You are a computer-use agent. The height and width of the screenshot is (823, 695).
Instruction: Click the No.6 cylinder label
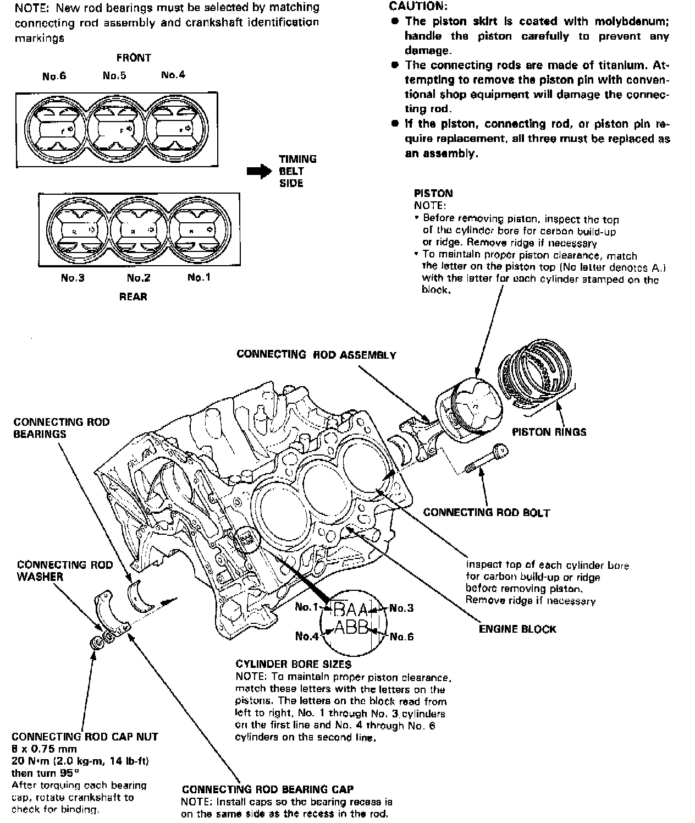pyautogui.click(x=54, y=76)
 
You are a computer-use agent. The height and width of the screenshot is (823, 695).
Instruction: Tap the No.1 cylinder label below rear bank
pyautogui.click(x=199, y=277)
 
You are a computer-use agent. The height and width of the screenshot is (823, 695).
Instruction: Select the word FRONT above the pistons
pyautogui.click(x=134, y=57)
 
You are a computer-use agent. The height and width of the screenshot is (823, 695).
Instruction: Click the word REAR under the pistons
pyautogui.click(x=134, y=297)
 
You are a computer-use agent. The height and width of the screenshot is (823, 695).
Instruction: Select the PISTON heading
pyautogui.click(x=433, y=193)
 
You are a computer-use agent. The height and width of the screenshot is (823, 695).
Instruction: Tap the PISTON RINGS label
pyautogui.click(x=549, y=432)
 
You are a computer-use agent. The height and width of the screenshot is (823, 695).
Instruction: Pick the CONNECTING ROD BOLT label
pyautogui.click(x=487, y=512)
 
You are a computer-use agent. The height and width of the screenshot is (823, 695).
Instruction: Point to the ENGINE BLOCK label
pyautogui.click(x=517, y=629)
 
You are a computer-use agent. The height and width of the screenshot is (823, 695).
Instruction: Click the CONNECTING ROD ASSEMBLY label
pyautogui.click(x=316, y=354)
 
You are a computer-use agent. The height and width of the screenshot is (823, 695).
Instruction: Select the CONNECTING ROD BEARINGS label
pyautogui.click(x=62, y=428)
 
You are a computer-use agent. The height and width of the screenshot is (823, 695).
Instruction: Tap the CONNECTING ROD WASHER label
pyautogui.click(x=65, y=570)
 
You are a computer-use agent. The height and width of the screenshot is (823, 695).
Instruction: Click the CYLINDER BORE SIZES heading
pyautogui.click(x=293, y=664)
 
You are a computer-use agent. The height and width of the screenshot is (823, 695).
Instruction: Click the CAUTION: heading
pyautogui.click(x=418, y=7)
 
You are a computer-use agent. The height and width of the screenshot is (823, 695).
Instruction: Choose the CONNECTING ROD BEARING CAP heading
pyautogui.click(x=268, y=789)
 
